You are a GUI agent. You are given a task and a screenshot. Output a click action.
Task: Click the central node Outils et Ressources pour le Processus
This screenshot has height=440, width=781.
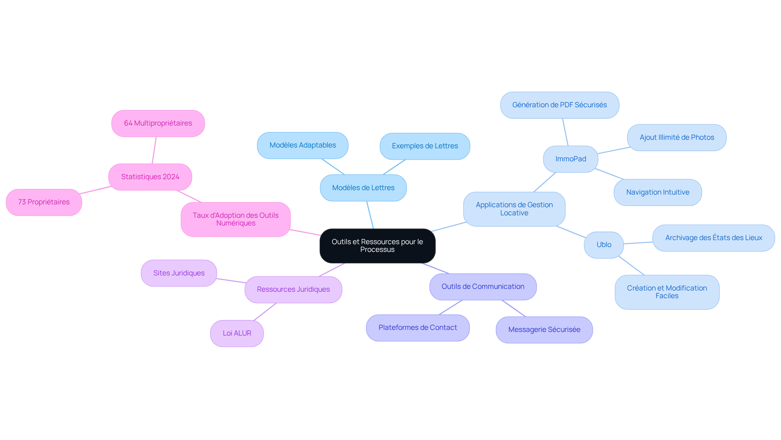pos(377,246)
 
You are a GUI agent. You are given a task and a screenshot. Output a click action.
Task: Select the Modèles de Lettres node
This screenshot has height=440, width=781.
pos(363,188)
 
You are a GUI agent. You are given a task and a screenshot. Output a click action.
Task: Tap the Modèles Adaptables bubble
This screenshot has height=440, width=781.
pos(303,145)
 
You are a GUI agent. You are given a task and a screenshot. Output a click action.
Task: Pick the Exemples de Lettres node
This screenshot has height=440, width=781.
pos(425,146)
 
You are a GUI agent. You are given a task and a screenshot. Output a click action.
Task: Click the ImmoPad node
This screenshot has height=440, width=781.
pos(570,159)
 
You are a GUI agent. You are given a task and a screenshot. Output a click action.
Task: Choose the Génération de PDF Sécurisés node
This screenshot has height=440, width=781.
pos(559,105)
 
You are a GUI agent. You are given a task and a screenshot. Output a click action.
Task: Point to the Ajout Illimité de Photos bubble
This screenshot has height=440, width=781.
pos(676,138)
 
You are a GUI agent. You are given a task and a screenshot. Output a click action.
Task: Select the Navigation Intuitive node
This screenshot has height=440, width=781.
pos(657,193)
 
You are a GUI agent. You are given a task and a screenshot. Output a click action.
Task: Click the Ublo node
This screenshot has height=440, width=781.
pos(604,245)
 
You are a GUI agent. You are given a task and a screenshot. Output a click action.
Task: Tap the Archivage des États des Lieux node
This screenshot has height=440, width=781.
pos(713,238)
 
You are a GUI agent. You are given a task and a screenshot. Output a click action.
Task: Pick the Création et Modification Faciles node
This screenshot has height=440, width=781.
pos(667,292)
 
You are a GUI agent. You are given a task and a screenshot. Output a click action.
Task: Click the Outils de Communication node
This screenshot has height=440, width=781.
pos(483,287)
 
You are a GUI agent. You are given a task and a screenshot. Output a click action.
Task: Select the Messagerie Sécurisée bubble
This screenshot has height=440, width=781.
pos(544,330)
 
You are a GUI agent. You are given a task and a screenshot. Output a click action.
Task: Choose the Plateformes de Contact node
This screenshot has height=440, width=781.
pos(418,328)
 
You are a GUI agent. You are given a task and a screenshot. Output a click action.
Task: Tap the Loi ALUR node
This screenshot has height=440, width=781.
pos(237,334)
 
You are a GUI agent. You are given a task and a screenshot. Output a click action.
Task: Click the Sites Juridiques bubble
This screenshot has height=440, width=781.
pos(179,273)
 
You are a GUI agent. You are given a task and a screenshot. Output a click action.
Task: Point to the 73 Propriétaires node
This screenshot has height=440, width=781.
pos(44,202)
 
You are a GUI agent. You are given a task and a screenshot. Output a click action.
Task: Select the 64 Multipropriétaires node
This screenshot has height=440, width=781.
pos(158,124)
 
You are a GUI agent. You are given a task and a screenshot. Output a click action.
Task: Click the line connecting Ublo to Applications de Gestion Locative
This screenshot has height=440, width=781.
pos(571,232)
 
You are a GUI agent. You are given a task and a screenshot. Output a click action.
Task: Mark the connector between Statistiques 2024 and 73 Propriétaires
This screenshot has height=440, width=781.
pos(96,190)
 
